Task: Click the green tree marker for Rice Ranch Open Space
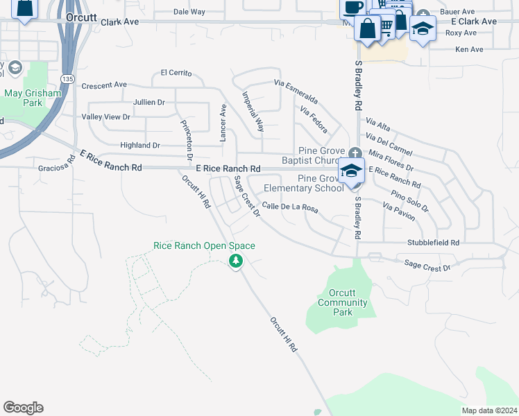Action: pos(236,261)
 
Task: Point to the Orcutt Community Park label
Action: pos(342,302)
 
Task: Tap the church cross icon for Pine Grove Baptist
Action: pos(355,153)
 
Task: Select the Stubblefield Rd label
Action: pos(434,243)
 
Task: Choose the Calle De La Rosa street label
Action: pos(290,207)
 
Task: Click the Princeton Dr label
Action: pos(187,140)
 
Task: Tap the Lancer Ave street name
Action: pos(223,123)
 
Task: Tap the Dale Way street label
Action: pos(189,12)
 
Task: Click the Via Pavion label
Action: pos(399,211)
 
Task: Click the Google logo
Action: pos(23,408)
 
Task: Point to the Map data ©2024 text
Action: pos(488,410)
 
